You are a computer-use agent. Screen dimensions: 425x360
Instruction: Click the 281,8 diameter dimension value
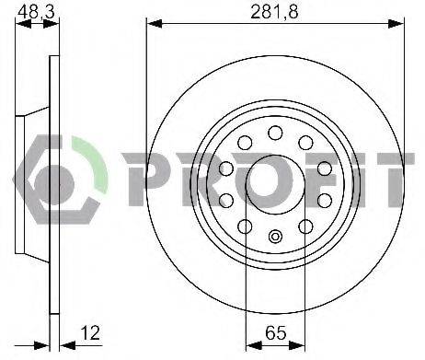click(274, 12)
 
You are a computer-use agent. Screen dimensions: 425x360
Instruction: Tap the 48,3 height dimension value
click(36, 12)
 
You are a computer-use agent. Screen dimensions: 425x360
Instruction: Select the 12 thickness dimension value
click(90, 332)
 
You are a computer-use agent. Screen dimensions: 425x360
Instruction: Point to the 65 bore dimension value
click(275, 332)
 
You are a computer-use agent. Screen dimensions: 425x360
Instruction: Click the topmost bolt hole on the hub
click(275, 133)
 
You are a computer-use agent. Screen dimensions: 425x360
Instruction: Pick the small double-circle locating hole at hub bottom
click(275, 237)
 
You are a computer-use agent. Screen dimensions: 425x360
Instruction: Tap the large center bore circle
click(275, 185)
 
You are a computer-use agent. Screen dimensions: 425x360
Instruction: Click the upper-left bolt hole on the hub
click(245, 143)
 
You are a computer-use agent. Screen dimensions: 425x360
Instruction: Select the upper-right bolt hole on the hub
click(305, 143)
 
